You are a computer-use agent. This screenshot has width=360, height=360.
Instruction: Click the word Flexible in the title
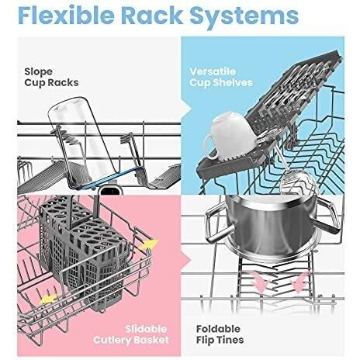[66, 16]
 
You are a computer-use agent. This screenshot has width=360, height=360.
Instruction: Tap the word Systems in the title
[244, 17]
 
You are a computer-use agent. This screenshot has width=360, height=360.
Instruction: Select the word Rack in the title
[152, 16]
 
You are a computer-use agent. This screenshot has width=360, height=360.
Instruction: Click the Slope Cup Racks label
[51, 77]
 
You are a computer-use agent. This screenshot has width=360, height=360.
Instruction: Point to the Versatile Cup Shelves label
[221, 77]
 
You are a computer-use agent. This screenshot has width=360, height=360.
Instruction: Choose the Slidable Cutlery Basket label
[131, 334]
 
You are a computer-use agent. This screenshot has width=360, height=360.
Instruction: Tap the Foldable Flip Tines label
[220, 334]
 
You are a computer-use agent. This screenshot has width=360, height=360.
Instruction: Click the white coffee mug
[230, 136]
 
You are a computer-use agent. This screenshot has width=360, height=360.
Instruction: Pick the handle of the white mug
[209, 147]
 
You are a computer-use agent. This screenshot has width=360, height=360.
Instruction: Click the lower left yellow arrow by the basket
[49, 299]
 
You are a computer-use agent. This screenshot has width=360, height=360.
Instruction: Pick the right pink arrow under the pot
[299, 282]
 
